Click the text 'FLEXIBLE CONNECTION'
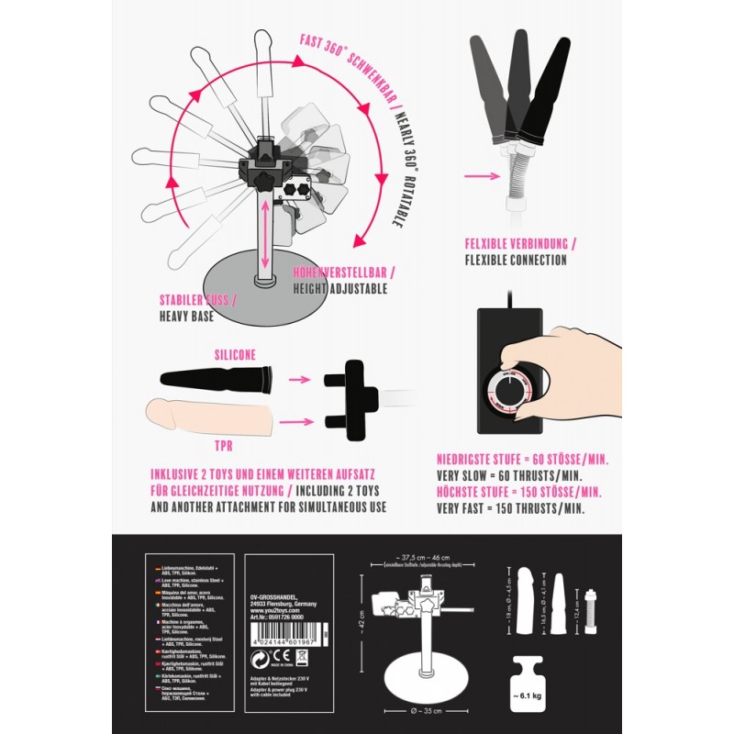pos(516,260)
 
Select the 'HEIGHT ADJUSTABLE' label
pos(340,288)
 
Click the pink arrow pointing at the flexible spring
pos(481,173)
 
